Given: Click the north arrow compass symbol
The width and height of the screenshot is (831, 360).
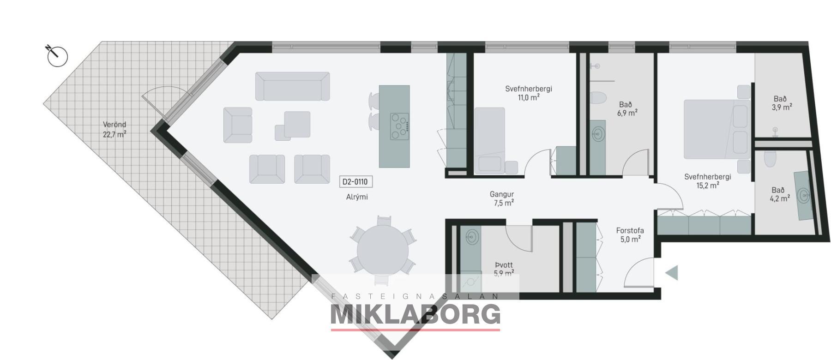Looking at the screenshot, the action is click(57, 56).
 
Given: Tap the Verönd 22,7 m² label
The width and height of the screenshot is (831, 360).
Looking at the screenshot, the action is click(114, 130).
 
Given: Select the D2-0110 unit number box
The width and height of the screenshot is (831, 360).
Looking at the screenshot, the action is click(355, 182).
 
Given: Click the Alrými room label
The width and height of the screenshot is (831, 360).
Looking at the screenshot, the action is click(357, 197).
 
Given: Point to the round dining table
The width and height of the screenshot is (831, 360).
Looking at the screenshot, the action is click(383, 249).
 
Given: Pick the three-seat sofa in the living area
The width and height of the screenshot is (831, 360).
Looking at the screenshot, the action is click(293, 86).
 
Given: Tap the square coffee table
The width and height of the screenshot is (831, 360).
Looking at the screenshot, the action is click(297, 124).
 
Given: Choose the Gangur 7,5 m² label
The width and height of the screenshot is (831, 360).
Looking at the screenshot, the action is click(502, 198).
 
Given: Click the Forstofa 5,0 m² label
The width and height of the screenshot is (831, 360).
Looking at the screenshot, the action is click(630, 235).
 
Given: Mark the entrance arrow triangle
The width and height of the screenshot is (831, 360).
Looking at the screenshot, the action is click(672, 273).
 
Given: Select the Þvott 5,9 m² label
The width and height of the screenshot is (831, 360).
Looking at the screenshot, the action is click(504, 269).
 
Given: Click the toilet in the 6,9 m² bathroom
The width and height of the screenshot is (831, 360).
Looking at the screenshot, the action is click(599, 98).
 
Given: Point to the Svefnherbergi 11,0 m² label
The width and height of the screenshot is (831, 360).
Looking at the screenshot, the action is click(529, 93).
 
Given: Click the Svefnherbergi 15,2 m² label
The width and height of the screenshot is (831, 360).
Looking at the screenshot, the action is click(708, 181).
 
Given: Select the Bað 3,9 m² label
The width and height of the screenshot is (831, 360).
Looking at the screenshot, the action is click(780, 102).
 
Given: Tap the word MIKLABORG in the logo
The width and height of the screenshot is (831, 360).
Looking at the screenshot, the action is click(415, 315).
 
